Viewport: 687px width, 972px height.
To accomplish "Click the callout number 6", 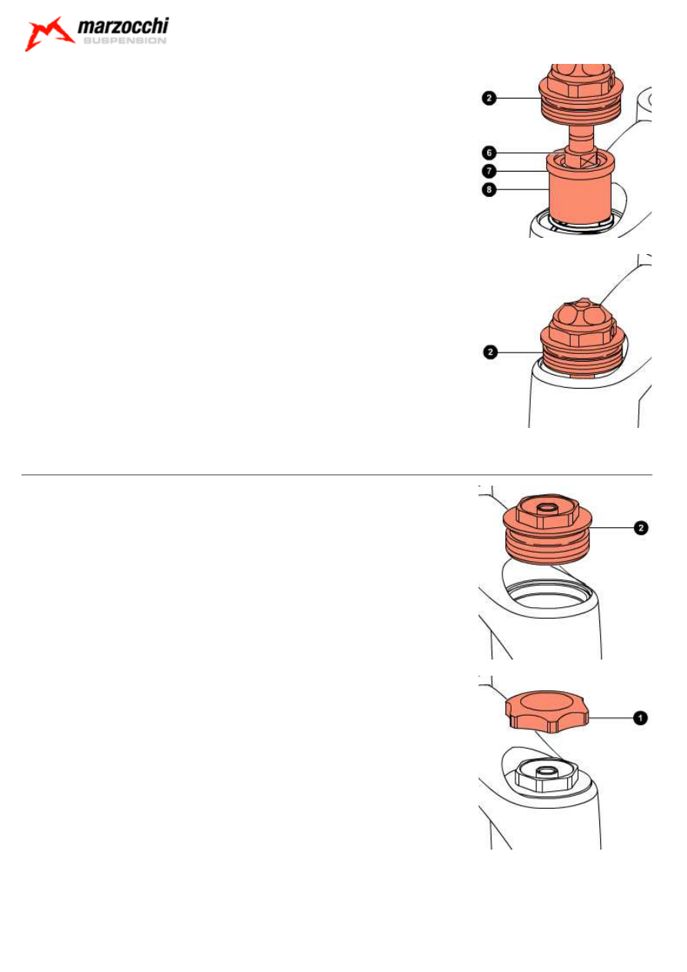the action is click(x=489, y=152).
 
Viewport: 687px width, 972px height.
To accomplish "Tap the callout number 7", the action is click(x=489, y=171).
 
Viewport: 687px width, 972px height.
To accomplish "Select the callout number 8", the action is click(x=489, y=189).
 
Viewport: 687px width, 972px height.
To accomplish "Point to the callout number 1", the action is click(x=640, y=718).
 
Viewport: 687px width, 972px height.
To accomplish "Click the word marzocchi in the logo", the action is click(x=123, y=26).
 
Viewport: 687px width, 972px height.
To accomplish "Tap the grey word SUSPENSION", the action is click(x=125, y=41).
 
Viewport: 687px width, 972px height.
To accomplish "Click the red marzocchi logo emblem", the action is click(x=48, y=34).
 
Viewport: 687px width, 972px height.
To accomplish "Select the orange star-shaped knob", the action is click(x=547, y=712).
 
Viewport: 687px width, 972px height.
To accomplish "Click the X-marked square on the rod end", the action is click(x=589, y=161).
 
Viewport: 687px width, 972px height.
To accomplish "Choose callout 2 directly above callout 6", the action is click(x=489, y=98).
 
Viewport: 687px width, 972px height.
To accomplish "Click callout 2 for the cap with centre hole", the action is click(x=641, y=528).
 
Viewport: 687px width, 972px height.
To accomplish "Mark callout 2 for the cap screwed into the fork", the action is click(x=490, y=352).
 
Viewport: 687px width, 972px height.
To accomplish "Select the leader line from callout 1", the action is click(x=611, y=718).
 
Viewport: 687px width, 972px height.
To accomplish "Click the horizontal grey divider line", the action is click(x=336, y=475).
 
